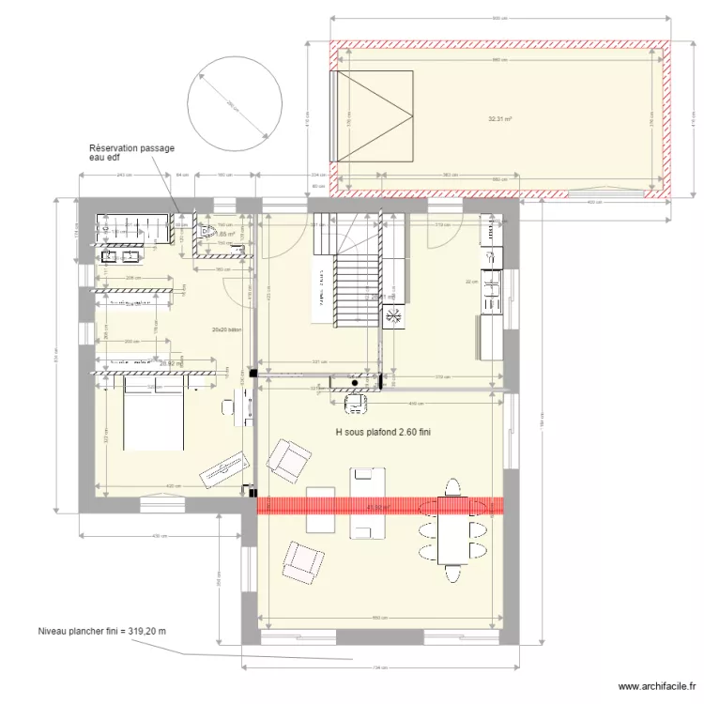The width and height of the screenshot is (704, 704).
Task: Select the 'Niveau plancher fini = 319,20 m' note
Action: pyautogui.click(x=102, y=632)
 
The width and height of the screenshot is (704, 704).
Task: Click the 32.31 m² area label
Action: pyautogui.click(x=498, y=119)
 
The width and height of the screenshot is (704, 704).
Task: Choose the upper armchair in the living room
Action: pyautogui.click(x=288, y=458)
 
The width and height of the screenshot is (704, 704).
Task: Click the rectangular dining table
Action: pyautogui.click(x=455, y=530)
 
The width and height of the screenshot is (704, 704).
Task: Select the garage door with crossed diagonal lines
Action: pyautogui.click(x=374, y=115)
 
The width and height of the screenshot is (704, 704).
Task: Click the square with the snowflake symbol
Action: pyautogui.click(x=392, y=317)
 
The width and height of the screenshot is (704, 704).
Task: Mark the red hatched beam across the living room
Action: pyautogui.click(x=380, y=506)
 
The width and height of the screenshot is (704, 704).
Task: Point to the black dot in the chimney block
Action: pyautogui.click(x=355, y=382)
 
